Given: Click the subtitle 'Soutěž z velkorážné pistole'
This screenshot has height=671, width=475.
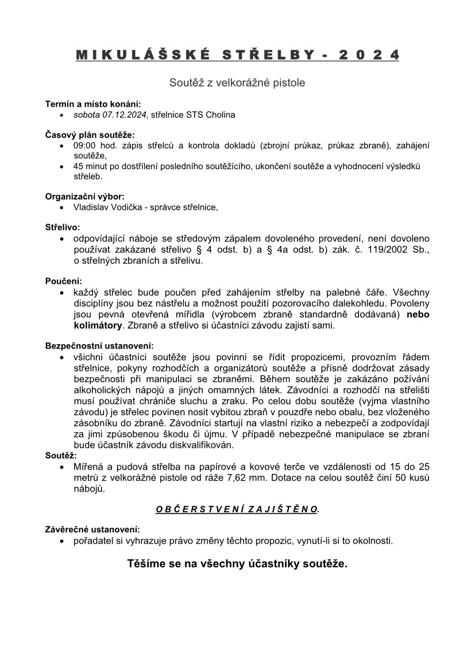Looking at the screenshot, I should pyautogui.click(x=237, y=83).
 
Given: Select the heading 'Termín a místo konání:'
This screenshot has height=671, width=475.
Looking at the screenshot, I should pyautogui.click(x=92, y=104).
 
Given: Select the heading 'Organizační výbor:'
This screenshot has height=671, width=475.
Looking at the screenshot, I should pyautogui.click(x=84, y=196).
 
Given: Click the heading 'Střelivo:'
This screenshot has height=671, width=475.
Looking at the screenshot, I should pyautogui.click(x=63, y=228).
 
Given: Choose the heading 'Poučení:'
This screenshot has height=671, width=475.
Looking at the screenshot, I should pyautogui.click(x=64, y=281).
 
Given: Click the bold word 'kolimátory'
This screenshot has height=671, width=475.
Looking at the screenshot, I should pyautogui.click(x=98, y=325).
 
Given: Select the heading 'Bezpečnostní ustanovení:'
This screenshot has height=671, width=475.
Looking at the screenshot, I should pyautogui.click(x=99, y=346).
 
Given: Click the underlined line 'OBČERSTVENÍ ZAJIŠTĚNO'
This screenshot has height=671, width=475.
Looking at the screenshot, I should pyautogui.click(x=237, y=509).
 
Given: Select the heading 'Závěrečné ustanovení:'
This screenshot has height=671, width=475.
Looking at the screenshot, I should pyautogui.click(x=92, y=529).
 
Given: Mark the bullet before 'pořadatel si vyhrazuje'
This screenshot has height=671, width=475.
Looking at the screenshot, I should pyautogui.click(x=62, y=541).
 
